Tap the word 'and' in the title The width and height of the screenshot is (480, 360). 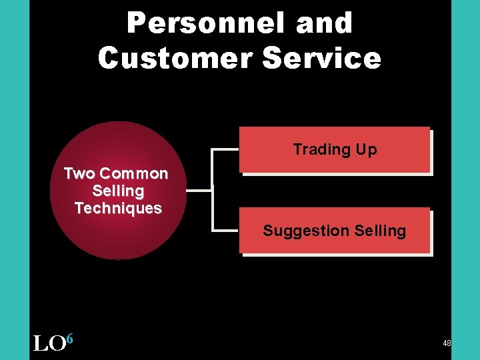tap(325, 24)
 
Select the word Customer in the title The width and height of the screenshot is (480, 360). tap(174, 58)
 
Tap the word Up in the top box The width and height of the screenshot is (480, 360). tap(366, 149)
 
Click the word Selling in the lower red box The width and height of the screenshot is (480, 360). tap(380, 231)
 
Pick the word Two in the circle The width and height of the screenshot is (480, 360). tap(79, 173)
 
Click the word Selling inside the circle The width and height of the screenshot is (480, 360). tap(118, 191)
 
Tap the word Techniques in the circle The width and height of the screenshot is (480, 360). tap(118, 208)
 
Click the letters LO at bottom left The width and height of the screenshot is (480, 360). tap(49, 343)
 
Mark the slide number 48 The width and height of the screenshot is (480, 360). tap(447, 343)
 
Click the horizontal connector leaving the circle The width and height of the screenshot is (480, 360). tap(199, 191)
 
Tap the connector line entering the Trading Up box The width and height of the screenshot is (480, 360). tap(225, 150)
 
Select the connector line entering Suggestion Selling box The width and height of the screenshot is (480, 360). tap(225, 231)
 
